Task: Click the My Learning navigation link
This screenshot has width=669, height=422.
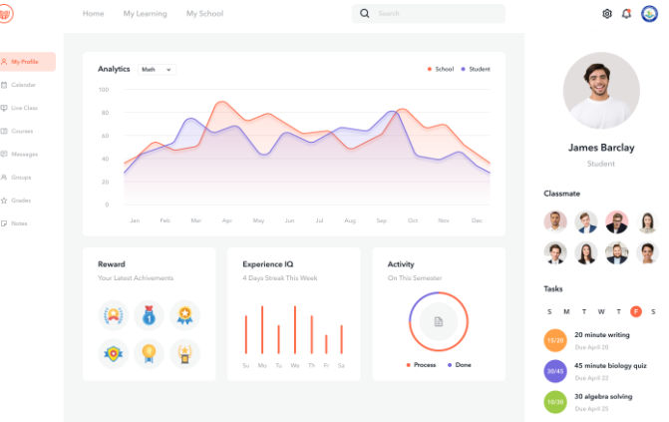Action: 145,14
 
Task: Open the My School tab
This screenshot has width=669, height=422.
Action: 204,14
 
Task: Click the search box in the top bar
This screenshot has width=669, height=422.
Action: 429,14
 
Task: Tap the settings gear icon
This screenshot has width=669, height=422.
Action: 607,14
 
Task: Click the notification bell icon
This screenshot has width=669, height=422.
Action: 627,14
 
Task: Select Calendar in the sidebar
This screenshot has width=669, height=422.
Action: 23,85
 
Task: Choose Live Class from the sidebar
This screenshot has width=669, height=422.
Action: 24,108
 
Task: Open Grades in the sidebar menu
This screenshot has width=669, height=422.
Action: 21,201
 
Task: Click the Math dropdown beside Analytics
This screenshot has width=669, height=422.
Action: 157,70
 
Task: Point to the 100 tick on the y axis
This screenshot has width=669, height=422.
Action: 104,90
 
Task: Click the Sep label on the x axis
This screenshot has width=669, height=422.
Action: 381,219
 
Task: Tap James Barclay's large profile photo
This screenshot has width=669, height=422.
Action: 600,91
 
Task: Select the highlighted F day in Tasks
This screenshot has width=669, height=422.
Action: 636,311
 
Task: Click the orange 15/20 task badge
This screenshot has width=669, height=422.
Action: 555,340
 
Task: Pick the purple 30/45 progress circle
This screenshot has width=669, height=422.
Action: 555,371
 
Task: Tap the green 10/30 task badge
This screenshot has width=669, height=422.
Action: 555,402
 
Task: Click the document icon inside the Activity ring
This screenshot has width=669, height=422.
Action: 438,321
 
